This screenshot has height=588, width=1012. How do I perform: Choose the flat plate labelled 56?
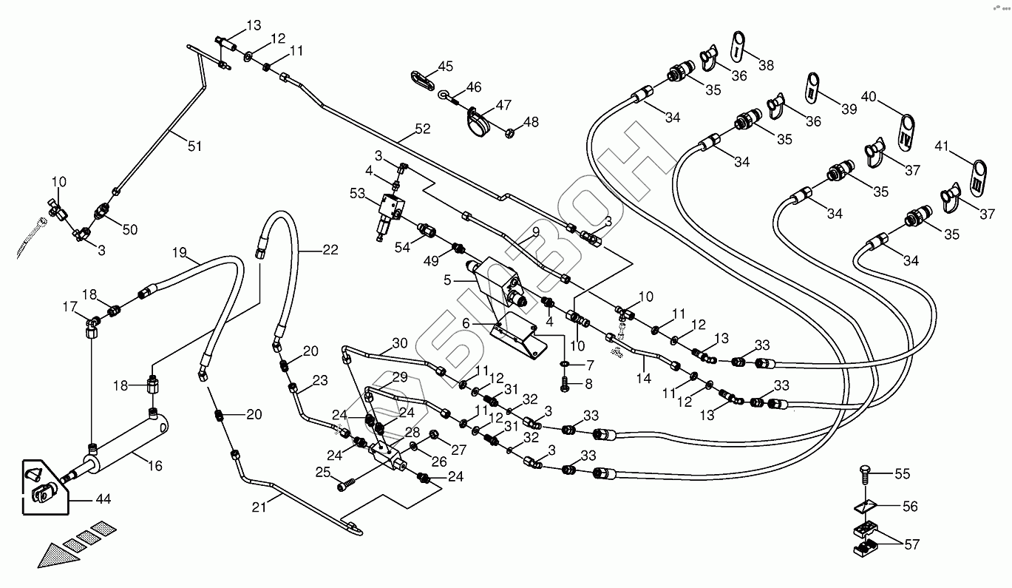(866, 506)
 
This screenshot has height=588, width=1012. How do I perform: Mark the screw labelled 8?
(566, 384)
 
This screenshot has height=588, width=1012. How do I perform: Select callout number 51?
(194, 146)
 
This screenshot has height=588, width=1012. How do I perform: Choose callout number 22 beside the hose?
(330, 250)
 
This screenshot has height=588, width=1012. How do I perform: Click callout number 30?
(399, 343)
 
